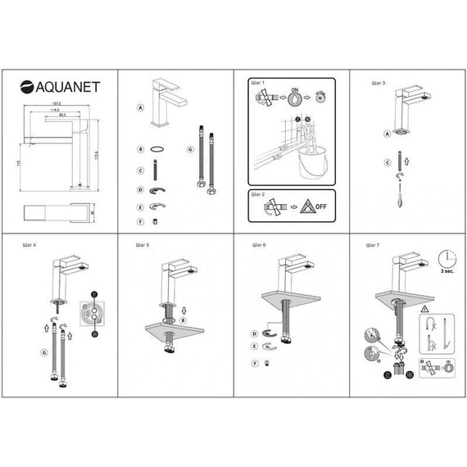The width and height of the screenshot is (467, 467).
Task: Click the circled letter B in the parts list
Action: (x=141, y=149)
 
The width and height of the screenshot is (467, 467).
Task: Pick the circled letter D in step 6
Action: (x=254, y=333)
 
